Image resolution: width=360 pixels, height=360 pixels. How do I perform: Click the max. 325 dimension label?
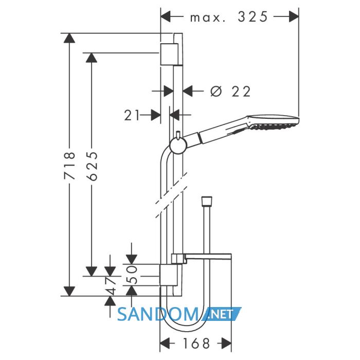point(229,17)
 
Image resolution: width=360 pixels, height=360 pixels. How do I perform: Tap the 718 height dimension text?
point(69,165)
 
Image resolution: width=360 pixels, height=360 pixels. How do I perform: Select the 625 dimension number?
point(92,166)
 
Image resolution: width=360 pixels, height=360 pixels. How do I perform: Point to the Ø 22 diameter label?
point(230,92)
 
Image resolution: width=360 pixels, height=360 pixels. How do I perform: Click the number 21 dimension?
point(132,115)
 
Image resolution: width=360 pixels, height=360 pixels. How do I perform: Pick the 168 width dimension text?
point(196,344)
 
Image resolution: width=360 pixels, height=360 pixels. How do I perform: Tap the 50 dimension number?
point(132,275)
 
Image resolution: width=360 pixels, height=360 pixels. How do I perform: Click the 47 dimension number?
point(111,286)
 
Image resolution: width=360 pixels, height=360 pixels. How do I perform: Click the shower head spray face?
point(274,126)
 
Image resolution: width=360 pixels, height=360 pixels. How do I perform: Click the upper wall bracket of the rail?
point(169,54)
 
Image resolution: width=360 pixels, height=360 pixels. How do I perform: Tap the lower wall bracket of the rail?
point(168,275)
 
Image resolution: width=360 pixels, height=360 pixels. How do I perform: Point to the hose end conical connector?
point(206,201)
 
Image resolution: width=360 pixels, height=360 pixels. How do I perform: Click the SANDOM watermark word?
point(158,314)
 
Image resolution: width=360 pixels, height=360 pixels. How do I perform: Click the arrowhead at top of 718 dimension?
point(69,38)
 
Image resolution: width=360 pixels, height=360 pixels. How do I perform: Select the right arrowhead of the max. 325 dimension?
point(294,17)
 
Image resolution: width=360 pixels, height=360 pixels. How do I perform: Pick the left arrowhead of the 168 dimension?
point(165,344)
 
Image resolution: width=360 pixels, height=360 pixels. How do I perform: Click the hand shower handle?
point(216,133)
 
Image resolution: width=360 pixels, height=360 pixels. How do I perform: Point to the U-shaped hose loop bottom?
point(184,331)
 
